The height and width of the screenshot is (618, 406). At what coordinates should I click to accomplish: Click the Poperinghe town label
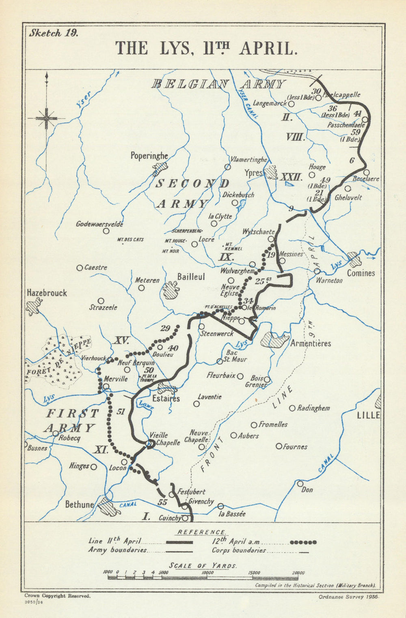(x=149, y=156)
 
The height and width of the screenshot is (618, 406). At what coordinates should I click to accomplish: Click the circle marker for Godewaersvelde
(x=106, y=231)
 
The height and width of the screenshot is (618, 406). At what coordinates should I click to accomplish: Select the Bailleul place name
(x=191, y=277)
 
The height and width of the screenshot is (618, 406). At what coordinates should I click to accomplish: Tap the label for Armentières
(x=311, y=344)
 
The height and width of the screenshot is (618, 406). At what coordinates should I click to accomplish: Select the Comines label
(x=361, y=273)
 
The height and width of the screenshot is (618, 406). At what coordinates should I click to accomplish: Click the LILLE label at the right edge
(x=368, y=415)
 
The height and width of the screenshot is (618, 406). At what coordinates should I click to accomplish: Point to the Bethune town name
(x=80, y=505)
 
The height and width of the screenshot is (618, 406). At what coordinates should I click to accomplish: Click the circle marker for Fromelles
(x=254, y=425)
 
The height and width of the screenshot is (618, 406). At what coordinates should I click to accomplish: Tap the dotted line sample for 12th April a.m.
(x=303, y=542)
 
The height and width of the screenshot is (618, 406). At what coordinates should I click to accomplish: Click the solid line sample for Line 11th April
(x=179, y=542)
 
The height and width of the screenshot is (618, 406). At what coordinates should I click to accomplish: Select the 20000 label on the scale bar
(x=298, y=573)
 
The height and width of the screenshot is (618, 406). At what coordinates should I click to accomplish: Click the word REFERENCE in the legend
(x=202, y=532)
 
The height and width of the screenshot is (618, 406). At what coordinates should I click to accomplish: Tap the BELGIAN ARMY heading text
(x=218, y=84)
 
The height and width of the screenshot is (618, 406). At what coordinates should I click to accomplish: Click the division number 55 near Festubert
(x=162, y=502)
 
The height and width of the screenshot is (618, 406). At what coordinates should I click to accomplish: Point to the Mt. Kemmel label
(x=234, y=246)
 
